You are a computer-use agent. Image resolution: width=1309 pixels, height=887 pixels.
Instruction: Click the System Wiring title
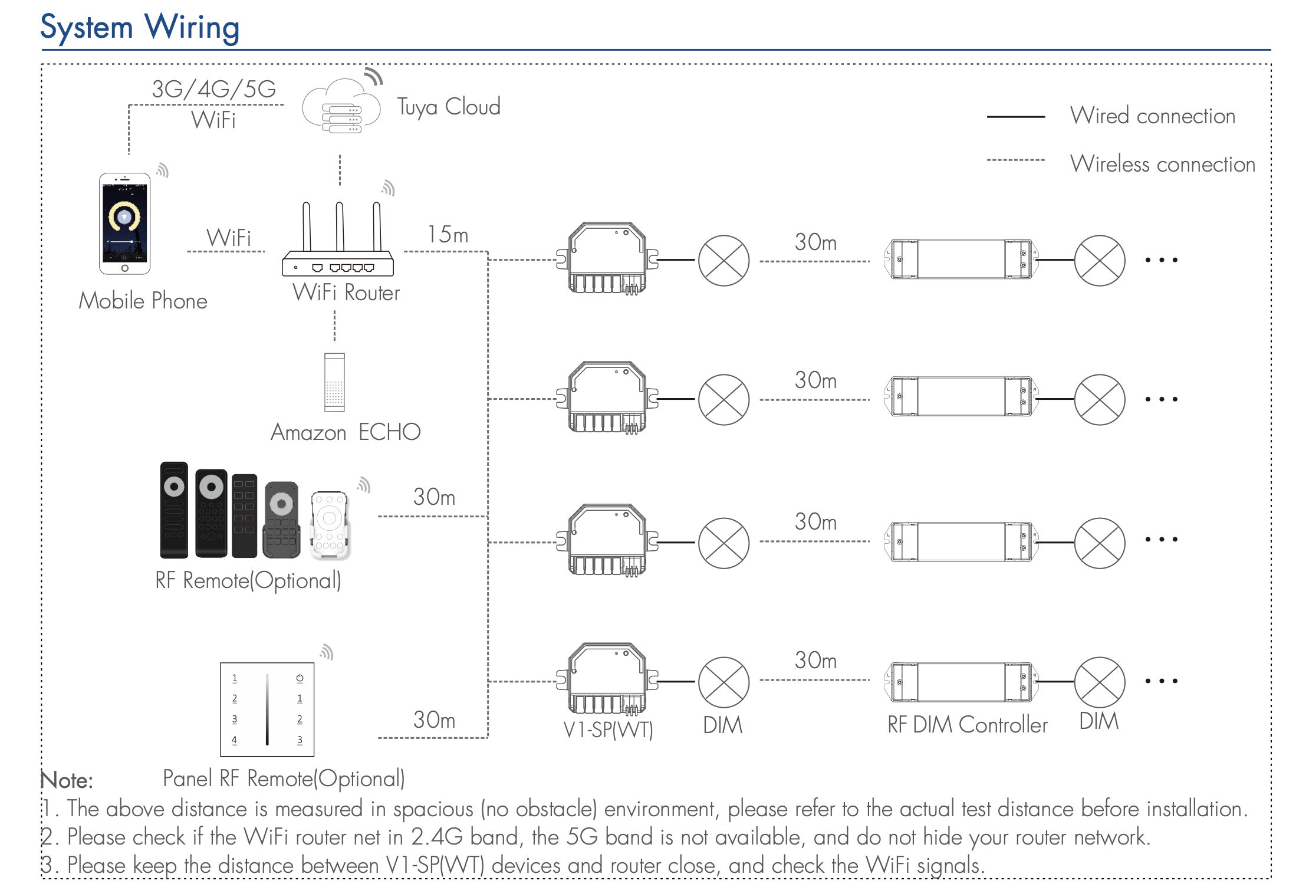coord(140,28)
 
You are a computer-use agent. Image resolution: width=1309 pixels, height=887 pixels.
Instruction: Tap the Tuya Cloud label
coord(448,107)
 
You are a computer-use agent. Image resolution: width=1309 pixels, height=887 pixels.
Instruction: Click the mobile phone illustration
coord(124,224)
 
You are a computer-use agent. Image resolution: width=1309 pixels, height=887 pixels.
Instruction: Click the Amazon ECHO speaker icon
coord(334,382)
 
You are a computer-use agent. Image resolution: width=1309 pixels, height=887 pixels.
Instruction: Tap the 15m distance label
coord(448,235)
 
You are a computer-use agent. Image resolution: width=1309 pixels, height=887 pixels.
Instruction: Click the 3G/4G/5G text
coord(213,90)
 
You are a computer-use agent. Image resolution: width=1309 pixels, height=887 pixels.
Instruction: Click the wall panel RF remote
coord(267,709)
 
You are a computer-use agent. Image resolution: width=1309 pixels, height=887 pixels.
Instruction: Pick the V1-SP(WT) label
coord(608,730)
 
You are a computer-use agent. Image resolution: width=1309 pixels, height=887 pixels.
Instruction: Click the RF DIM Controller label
coord(967,725)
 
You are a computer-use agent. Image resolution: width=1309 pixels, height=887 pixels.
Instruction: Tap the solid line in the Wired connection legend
coord(1015,117)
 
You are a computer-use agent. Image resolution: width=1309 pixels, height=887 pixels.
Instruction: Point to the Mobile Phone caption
coord(143,301)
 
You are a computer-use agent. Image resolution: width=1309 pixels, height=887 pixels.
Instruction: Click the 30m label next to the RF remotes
coord(434,497)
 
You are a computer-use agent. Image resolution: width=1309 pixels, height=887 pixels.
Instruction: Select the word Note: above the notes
coord(67,781)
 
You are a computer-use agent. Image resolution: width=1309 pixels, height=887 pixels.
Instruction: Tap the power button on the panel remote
coord(300,678)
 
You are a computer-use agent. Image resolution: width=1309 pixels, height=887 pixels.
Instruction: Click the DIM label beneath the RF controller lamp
coord(1098,721)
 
